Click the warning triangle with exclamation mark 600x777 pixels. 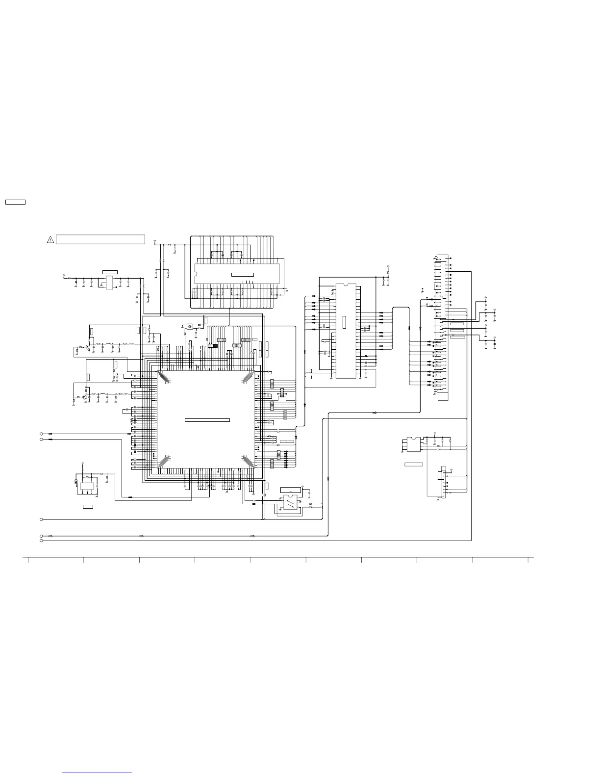coord(50,239)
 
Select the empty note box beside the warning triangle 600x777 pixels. coord(100,239)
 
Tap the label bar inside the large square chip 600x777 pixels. coord(207,420)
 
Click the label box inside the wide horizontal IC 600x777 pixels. coord(243,274)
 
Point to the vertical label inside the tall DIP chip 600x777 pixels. coord(344,322)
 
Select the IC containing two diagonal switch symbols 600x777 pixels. coord(290,504)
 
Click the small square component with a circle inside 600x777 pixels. coord(190,326)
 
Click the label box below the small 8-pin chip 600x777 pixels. coord(413,464)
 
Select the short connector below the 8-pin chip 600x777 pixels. coord(444,483)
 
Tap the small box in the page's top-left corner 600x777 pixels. coord(15,202)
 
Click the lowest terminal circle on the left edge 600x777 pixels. coord(41,541)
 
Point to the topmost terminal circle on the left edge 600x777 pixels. coord(41,434)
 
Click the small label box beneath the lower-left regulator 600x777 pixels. coord(88,506)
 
